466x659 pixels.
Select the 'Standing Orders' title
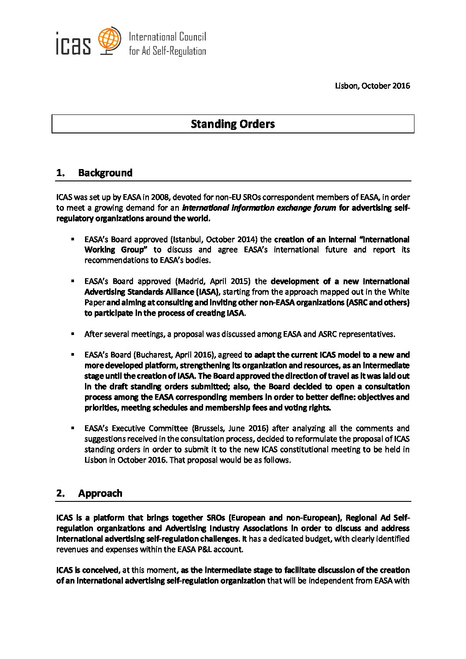pos(233,124)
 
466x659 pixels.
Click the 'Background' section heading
pos(105,173)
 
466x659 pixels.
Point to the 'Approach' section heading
pos(100,493)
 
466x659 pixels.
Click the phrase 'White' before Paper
pos(399,292)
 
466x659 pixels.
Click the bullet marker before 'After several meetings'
pos(72,334)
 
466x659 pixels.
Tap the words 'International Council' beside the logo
pos(167,37)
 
